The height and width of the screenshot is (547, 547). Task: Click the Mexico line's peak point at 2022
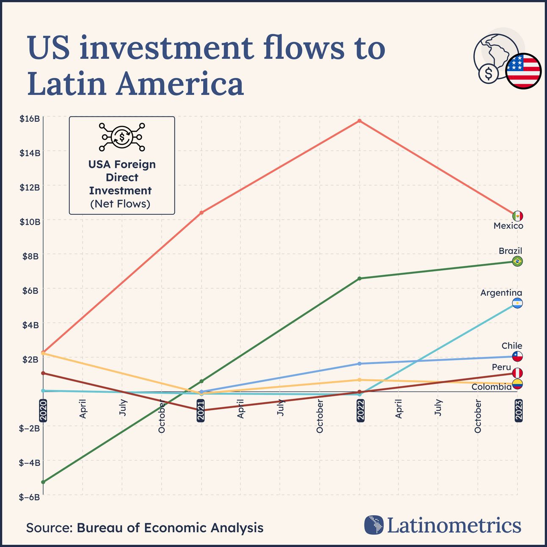tap(359, 121)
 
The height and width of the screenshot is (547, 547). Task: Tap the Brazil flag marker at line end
tap(517, 261)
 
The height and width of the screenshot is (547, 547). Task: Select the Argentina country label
tap(501, 293)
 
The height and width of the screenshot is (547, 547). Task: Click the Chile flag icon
tap(517, 356)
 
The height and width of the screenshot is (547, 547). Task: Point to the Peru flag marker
tap(517, 373)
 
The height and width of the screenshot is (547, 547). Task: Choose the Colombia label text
tap(491, 387)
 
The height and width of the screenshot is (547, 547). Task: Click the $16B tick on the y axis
tap(30, 119)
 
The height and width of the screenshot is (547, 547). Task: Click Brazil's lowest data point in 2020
tap(43, 482)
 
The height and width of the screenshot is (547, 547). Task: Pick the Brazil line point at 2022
tap(359, 278)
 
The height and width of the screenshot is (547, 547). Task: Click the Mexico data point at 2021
tap(202, 213)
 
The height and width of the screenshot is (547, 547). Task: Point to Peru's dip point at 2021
tap(202, 410)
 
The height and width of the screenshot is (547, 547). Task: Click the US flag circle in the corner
tap(523, 71)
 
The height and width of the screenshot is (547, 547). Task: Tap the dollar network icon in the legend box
tap(122, 137)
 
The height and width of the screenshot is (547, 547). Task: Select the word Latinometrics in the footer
tap(453, 525)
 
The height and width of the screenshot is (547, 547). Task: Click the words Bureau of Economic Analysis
tap(170, 528)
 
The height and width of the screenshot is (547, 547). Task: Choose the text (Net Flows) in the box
tap(120, 204)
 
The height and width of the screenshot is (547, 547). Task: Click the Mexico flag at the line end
tap(517, 216)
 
